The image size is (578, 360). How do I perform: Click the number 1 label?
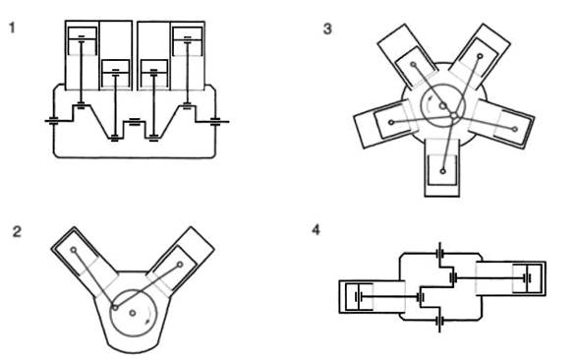12,28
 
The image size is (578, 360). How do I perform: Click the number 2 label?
17,232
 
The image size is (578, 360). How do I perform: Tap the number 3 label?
327,29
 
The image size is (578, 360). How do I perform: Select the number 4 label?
316,230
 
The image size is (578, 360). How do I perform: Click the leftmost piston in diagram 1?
83,41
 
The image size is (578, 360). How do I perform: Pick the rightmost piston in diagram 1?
188,41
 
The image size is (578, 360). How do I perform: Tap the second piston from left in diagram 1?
116,74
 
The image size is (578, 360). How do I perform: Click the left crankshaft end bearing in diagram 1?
53,121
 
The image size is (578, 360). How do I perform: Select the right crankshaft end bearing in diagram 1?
215,121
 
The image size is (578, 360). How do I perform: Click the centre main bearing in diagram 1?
135,122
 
